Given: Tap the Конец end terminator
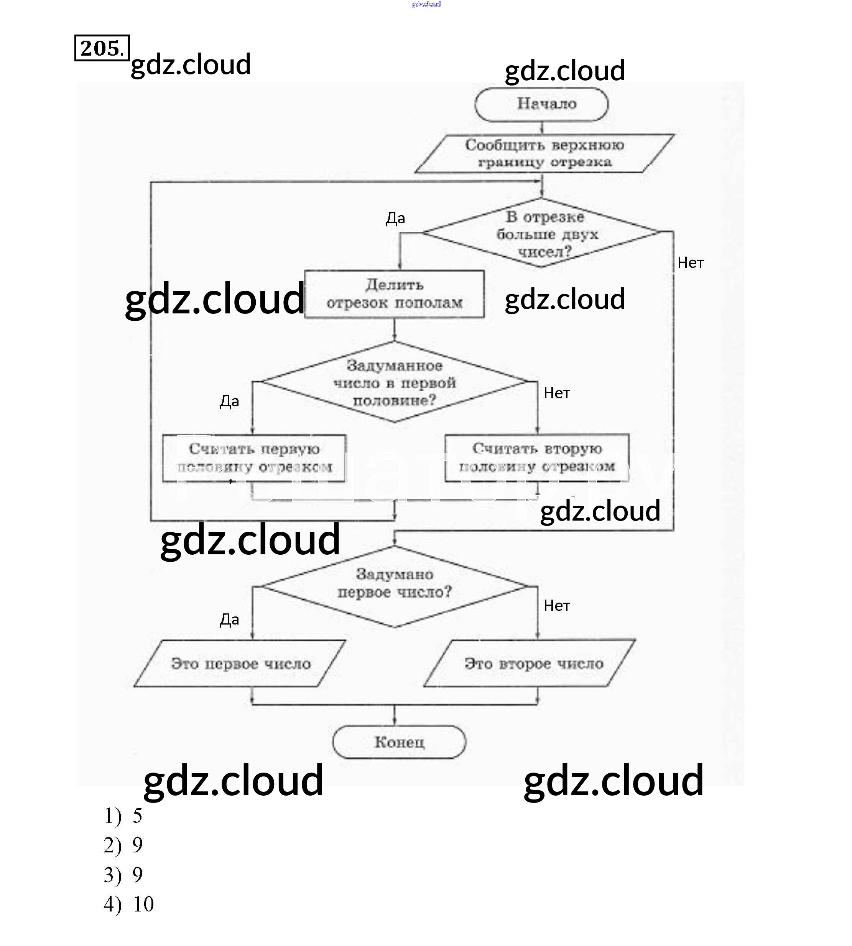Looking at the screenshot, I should click(399, 742).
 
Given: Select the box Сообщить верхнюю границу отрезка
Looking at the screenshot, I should click(544, 153).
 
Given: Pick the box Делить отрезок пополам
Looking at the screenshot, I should click(394, 294).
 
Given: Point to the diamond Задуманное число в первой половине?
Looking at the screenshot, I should click(394, 382).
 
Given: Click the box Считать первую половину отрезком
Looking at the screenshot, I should click(254, 458).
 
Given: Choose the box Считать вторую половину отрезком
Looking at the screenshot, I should click(537, 458).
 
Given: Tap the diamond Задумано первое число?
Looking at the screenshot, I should click(394, 586).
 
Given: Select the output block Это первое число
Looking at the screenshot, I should click(240, 663).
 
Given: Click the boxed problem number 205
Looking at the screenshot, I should click(102, 48).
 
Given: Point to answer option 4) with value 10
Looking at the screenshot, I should click(129, 904).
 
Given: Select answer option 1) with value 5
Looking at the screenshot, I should click(123, 816).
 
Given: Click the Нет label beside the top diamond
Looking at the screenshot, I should click(691, 263).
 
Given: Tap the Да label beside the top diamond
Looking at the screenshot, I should click(395, 218).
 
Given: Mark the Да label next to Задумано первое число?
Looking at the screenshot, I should click(229, 620).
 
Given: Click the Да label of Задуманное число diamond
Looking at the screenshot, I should click(229, 401).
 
